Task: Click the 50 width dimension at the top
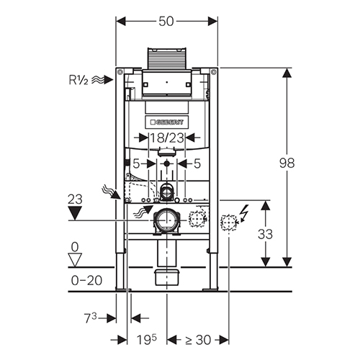pos(166,22)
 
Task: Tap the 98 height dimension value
pos(287,163)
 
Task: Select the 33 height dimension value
pos(265,234)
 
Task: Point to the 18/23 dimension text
pos(167,138)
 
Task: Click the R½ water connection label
pos(78,80)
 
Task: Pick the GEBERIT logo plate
pos(167,122)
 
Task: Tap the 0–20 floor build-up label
pos(86,280)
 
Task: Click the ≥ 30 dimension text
pos(198,340)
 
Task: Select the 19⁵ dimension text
pos(146,339)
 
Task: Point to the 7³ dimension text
pos(90,318)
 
